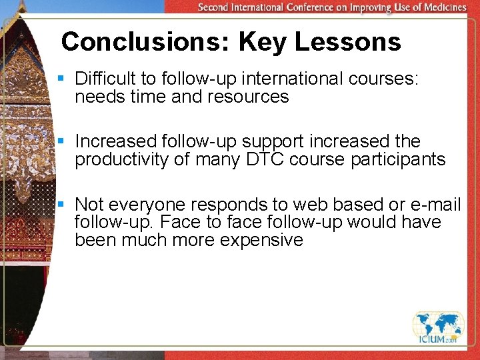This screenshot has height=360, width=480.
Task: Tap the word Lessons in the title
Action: (347, 42)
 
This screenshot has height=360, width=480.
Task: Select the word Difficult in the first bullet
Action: (103, 79)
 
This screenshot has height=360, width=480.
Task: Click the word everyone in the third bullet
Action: (141, 204)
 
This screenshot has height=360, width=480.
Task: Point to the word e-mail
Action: (436, 204)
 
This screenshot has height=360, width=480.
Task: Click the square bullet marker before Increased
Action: (61, 141)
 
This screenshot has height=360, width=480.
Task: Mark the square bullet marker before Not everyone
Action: (61, 204)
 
